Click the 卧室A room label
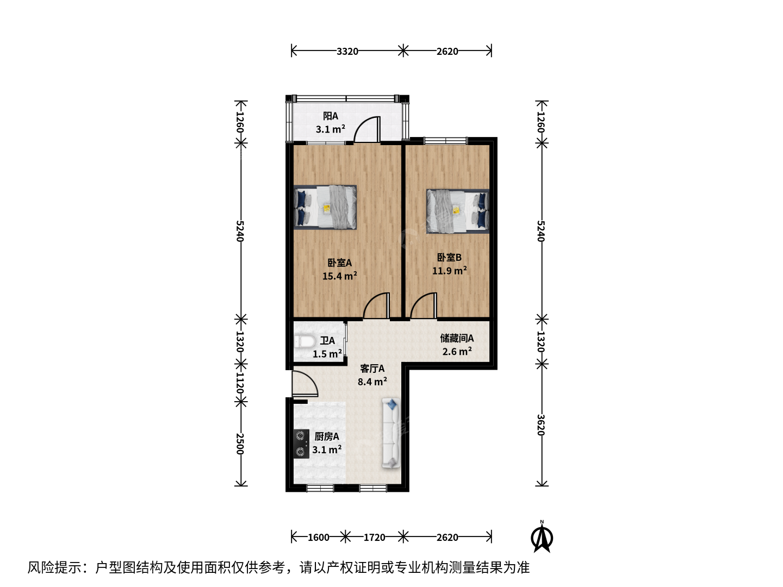pos(339,263)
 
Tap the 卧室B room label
pos(449,257)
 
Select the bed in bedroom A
pos(325,207)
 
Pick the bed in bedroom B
pos(458,211)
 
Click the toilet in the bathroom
pos(304,341)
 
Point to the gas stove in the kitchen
pos(301,444)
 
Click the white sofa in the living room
pos(391,433)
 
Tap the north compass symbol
pos(542,536)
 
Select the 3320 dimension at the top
pos(347,51)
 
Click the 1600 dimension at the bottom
pos(318,537)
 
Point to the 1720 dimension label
pos(374,537)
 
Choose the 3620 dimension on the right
pos(541,425)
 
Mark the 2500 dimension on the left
pos(240,444)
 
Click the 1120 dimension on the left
pos(240,383)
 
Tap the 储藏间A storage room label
pos(457,338)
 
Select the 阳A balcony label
pos(330,116)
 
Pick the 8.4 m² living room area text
pos(372,382)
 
